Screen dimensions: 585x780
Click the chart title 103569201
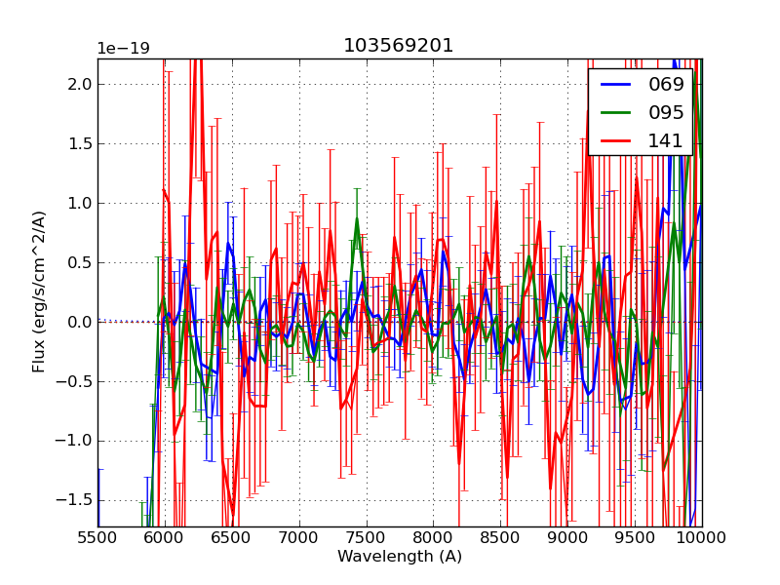pyautogui.click(x=399, y=46)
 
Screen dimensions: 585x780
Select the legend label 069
pyautogui.click(x=667, y=84)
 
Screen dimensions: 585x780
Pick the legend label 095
pyautogui.click(x=667, y=112)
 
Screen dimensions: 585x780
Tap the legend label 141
pyautogui.click(x=667, y=140)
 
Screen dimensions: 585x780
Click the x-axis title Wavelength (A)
pyautogui.click(x=400, y=557)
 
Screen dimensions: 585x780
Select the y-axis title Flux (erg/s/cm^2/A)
pyautogui.click(x=39, y=292)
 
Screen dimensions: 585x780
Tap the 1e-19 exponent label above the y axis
pyautogui.click(x=123, y=49)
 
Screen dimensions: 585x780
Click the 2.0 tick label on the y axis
pyautogui.click(x=79, y=85)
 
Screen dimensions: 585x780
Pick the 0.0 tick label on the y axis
pyautogui.click(x=79, y=322)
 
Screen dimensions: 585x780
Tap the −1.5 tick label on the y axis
pyautogui.click(x=74, y=500)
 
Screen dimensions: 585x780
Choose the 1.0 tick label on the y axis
pyautogui.click(x=79, y=204)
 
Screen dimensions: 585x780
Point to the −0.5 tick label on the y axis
pyautogui.click(x=74, y=381)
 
